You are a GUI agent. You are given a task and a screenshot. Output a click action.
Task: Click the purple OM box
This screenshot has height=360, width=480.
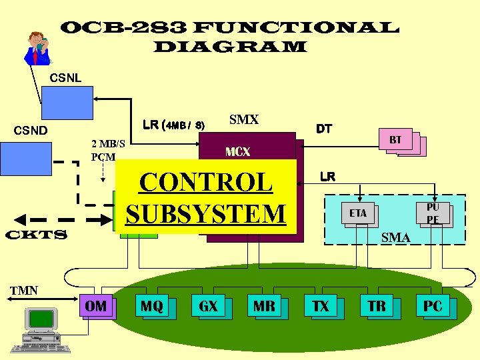[96, 307]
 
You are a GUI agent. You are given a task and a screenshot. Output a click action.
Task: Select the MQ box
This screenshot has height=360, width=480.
[152, 307]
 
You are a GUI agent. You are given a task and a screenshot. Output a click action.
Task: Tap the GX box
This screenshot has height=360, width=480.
[208, 307]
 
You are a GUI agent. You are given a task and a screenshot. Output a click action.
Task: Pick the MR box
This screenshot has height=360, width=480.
[264, 307]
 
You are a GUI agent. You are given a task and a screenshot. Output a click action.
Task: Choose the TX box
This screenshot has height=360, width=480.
[321, 307]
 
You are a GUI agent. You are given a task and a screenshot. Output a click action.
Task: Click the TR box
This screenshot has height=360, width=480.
[377, 307]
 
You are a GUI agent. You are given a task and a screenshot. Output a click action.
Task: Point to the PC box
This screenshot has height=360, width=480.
[433, 307]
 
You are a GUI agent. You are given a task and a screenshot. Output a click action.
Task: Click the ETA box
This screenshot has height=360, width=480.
[359, 213]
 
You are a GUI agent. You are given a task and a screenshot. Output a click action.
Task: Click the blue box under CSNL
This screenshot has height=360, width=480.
[67, 103]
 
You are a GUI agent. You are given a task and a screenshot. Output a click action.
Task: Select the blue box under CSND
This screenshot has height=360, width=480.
[21, 159]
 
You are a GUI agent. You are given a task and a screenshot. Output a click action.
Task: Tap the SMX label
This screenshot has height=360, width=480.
[243, 120]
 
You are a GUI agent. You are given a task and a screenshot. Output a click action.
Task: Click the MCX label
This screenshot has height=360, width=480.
[237, 152]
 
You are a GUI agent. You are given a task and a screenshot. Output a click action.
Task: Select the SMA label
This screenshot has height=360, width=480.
[396, 237]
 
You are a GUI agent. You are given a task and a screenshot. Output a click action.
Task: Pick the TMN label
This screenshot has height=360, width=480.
[24, 290]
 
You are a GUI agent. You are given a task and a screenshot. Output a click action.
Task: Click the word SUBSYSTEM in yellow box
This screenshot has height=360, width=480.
[205, 213]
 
